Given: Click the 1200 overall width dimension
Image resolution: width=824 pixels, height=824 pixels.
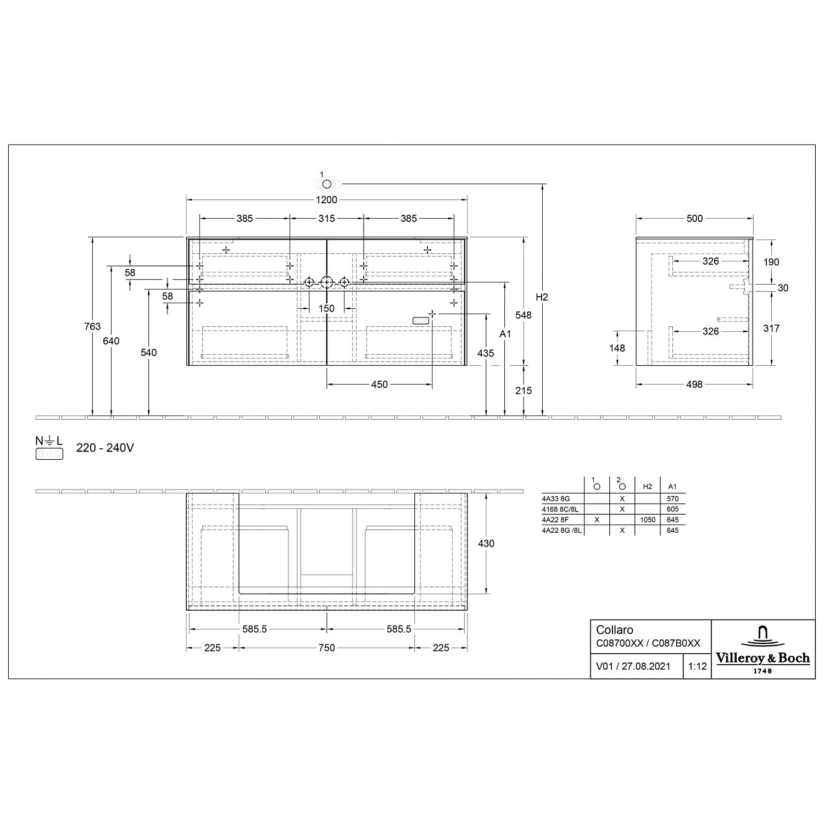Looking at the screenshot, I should click(x=326, y=200).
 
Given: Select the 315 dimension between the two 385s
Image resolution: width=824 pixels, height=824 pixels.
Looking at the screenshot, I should click(x=326, y=219).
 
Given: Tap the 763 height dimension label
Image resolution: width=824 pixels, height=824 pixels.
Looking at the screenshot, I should click(x=92, y=326).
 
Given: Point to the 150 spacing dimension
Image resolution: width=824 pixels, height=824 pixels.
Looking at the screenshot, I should click(x=326, y=308).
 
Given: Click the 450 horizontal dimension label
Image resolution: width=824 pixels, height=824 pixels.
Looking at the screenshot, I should click(x=379, y=385).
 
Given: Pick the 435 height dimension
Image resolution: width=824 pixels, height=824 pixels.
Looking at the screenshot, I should click(x=486, y=353).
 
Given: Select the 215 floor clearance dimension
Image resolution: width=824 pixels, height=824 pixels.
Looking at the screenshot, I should click(x=524, y=391).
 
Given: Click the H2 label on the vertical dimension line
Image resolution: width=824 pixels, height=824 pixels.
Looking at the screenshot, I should click(x=542, y=297).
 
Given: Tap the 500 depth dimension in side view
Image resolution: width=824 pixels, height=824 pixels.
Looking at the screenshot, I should click(x=694, y=219).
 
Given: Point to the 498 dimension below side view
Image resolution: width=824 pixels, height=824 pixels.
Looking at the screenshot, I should click(x=694, y=385).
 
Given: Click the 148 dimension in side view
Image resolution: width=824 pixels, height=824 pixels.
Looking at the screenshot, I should click(x=617, y=348).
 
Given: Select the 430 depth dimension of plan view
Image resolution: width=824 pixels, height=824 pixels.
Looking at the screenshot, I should click(x=486, y=543).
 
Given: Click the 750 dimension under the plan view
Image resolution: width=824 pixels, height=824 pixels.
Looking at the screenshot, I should click(x=326, y=648).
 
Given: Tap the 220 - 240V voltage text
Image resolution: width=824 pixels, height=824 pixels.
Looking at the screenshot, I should click(x=105, y=448).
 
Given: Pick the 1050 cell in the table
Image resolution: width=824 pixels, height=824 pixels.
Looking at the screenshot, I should click(x=648, y=520).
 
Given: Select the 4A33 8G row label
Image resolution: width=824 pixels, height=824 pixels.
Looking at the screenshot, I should click(x=556, y=499).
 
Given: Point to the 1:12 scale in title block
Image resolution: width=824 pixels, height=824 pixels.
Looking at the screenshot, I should click(x=697, y=666).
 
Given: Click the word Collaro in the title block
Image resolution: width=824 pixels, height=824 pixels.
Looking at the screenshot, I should click(x=615, y=630).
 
